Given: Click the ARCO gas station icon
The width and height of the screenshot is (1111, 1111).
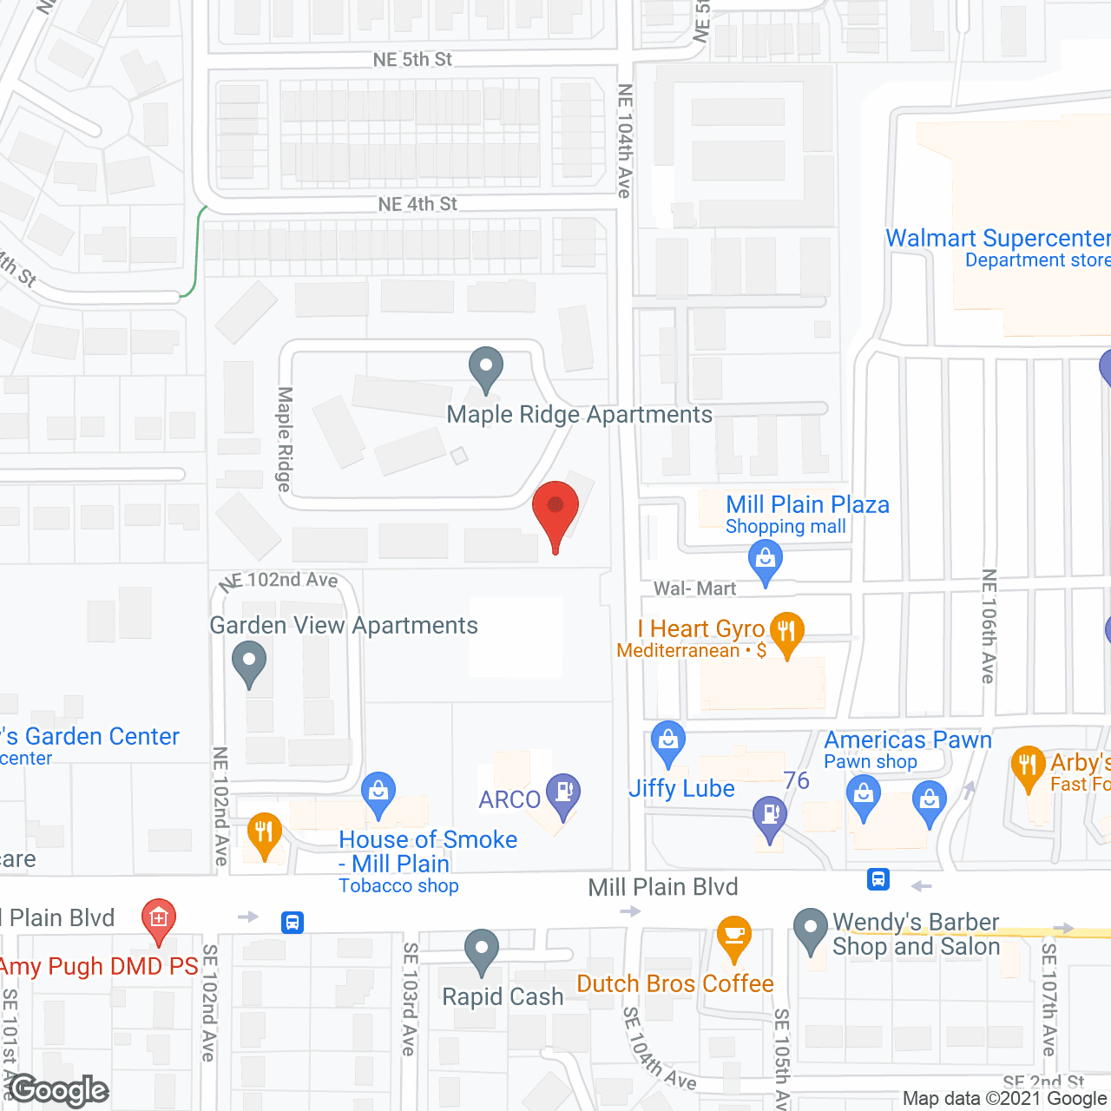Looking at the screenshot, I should pos(564,794).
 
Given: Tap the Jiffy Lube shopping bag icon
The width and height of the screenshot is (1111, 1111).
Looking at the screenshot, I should pos(667,741).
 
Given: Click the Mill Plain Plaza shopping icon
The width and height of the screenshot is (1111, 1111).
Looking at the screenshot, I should pos(765,560).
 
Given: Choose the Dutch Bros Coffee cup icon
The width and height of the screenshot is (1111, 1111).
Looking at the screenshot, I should pos(734,937).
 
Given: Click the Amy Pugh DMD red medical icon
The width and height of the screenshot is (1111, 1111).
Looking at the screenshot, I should pos(158,919).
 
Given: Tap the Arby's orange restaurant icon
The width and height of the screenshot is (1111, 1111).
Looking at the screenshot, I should pos(1028,766).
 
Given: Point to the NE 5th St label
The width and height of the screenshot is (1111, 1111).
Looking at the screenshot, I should pos(412,60).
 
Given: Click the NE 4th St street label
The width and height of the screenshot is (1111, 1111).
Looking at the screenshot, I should pos(417,204).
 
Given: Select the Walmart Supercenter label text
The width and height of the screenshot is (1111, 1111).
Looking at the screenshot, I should pos(996,239).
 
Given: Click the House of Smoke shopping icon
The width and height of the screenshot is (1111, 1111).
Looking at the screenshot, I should pos(378,793).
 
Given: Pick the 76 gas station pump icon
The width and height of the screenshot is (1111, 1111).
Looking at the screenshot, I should pos(769,816).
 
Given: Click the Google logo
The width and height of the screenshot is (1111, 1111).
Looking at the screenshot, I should pos(58,1090).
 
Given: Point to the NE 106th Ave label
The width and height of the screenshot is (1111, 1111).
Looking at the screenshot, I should pos(989,626).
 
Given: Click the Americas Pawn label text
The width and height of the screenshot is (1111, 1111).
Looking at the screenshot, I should pos(907,740).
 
